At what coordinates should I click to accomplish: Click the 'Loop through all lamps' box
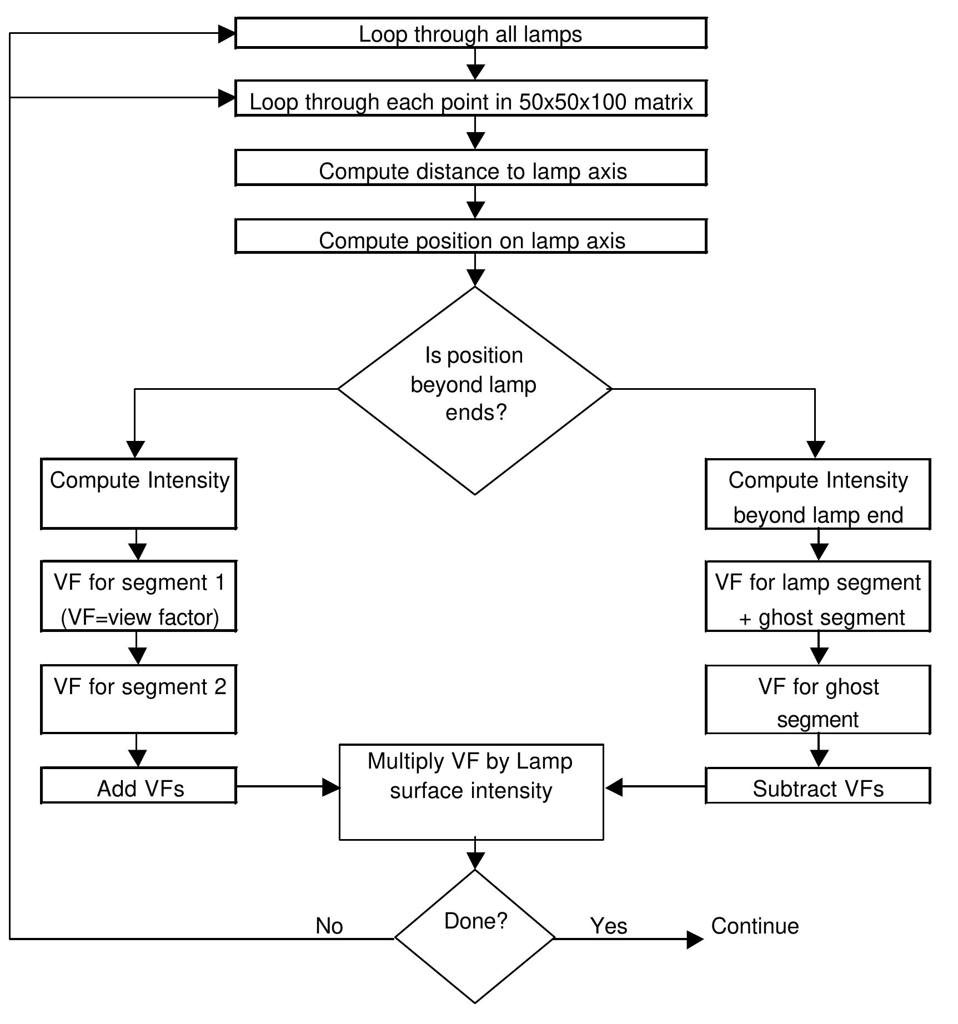pos(470,33)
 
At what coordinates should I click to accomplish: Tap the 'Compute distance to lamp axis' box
pos(470,168)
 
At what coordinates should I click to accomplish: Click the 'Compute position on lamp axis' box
pos(470,237)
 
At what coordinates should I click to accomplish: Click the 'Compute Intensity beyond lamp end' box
pos(817,494)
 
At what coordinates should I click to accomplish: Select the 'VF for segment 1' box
pos(139,596)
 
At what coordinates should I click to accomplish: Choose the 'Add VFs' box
pos(139,785)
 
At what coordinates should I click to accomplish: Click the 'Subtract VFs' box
pos(817,785)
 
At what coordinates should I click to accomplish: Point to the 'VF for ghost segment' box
pos(817,700)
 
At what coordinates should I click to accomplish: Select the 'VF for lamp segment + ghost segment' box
pos(817,596)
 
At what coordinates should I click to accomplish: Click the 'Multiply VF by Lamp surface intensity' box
pos(471,792)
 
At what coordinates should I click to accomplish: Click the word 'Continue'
pos(755,926)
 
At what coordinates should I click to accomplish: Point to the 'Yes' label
pos(609,926)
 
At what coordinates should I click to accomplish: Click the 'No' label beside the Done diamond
pos(329,926)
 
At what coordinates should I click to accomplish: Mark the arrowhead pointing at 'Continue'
pos(695,939)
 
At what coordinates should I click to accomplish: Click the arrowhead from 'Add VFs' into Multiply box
pos(331,787)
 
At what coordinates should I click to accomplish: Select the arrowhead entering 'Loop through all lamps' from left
pos(227,34)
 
